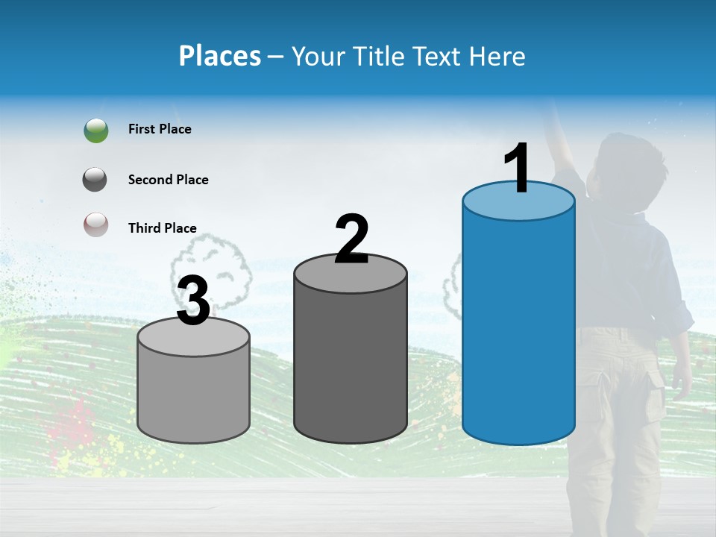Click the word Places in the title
pyautogui.click(x=219, y=56)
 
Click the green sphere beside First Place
pyautogui.click(x=96, y=130)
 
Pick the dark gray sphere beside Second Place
pyautogui.click(x=96, y=180)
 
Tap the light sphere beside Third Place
pyautogui.click(x=96, y=224)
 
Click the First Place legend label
pyautogui.click(x=160, y=129)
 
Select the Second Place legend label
pyautogui.click(x=168, y=180)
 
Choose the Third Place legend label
pyautogui.click(x=162, y=228)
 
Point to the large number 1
pyautogui.click(x=518, y=169)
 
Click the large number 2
pyautogui.click(x=352, y=239)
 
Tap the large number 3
pyautogui.click(x=193, y=301)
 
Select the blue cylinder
pyautogui.click(x=518, y=328)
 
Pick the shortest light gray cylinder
pyautogui.click(x=193, y=392)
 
